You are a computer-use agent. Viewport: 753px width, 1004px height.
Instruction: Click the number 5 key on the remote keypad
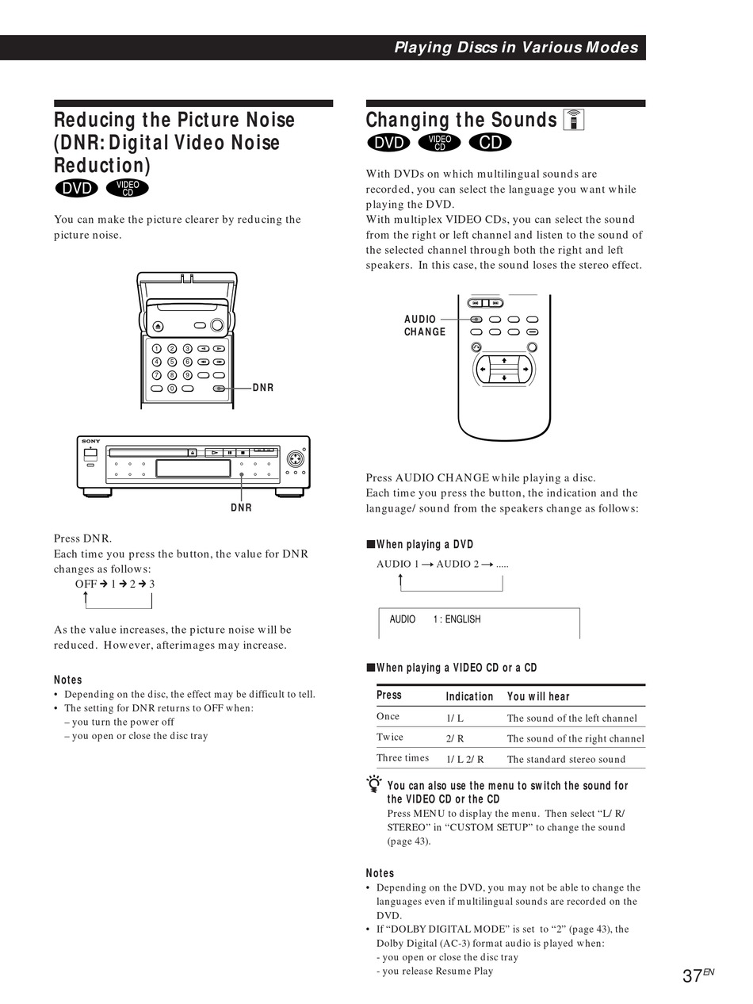tap(172, 362)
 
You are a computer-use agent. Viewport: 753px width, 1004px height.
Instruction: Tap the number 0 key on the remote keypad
tap(172, 389)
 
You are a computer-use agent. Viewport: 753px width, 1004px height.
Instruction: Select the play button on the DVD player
tap(214, 452)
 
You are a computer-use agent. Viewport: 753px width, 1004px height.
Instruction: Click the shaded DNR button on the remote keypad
tap(219, 389)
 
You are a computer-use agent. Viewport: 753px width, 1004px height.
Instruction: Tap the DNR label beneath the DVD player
tap(242, 508)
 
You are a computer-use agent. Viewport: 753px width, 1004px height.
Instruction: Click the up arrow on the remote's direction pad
tap(504, 361)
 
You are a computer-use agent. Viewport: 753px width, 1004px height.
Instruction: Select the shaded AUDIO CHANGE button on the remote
tap(476, 320)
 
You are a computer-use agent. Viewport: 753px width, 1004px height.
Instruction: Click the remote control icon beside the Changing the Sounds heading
tap(573, 119)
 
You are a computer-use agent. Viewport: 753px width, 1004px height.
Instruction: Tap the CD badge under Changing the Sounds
tap(490, 143)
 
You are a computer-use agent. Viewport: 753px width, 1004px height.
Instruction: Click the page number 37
tap(692, 976)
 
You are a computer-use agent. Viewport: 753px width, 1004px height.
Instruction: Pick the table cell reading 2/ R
tap(455, 738)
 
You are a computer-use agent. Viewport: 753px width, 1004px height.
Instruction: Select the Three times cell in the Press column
tap(403, 758)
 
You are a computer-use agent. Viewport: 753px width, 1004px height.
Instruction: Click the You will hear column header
tap(538, 696)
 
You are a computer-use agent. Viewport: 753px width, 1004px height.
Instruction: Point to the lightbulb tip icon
tap(374, 786)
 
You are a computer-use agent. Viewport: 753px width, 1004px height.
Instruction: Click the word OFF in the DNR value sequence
tap(86, 584)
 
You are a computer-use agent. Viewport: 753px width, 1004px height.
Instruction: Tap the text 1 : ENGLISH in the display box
tap(457, 619)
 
